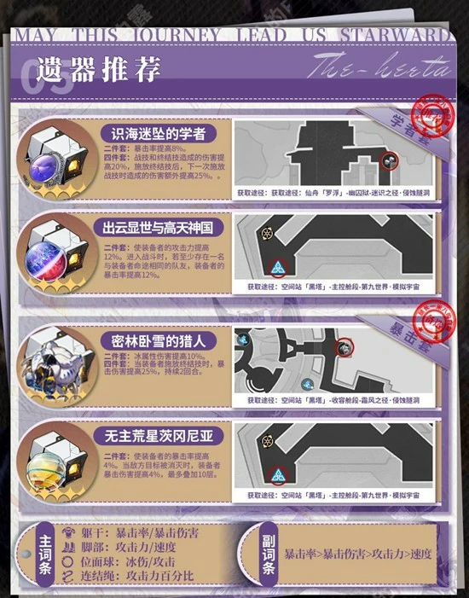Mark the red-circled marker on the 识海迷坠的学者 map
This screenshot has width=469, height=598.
(x=388, y=160)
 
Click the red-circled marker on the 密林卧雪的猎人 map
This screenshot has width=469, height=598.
(x=345, y=347)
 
